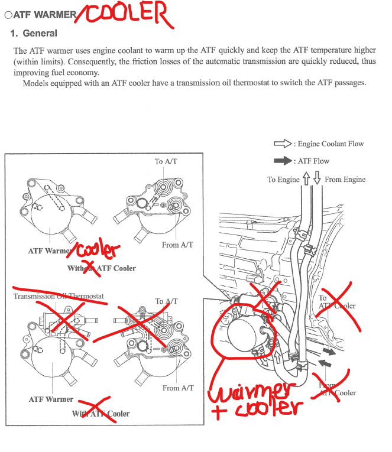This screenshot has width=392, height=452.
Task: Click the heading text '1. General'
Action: (x=34, y=34)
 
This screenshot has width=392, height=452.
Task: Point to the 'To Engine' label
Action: (x=283, y=180)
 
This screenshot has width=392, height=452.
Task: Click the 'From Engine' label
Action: (x=345, y=180)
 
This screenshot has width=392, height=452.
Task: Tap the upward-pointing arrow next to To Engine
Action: (x=306, y=179)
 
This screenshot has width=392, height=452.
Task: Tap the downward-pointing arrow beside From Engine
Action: (x=317, y=179)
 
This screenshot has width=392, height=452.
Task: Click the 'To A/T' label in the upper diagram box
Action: (x=167, y=161)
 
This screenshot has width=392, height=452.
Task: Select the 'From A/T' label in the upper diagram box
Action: (x=177, y=245)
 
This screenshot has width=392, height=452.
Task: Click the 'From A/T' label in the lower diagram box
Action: (x=178, y=388)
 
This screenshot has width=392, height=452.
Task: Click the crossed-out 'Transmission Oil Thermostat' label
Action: (x=59, y=296)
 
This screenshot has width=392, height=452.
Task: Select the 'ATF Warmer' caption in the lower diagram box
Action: (x=51, y=399)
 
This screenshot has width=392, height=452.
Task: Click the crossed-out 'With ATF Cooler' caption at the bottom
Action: (x=101, y=414)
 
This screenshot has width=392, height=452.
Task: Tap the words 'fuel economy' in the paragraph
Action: (x=74, y=73)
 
